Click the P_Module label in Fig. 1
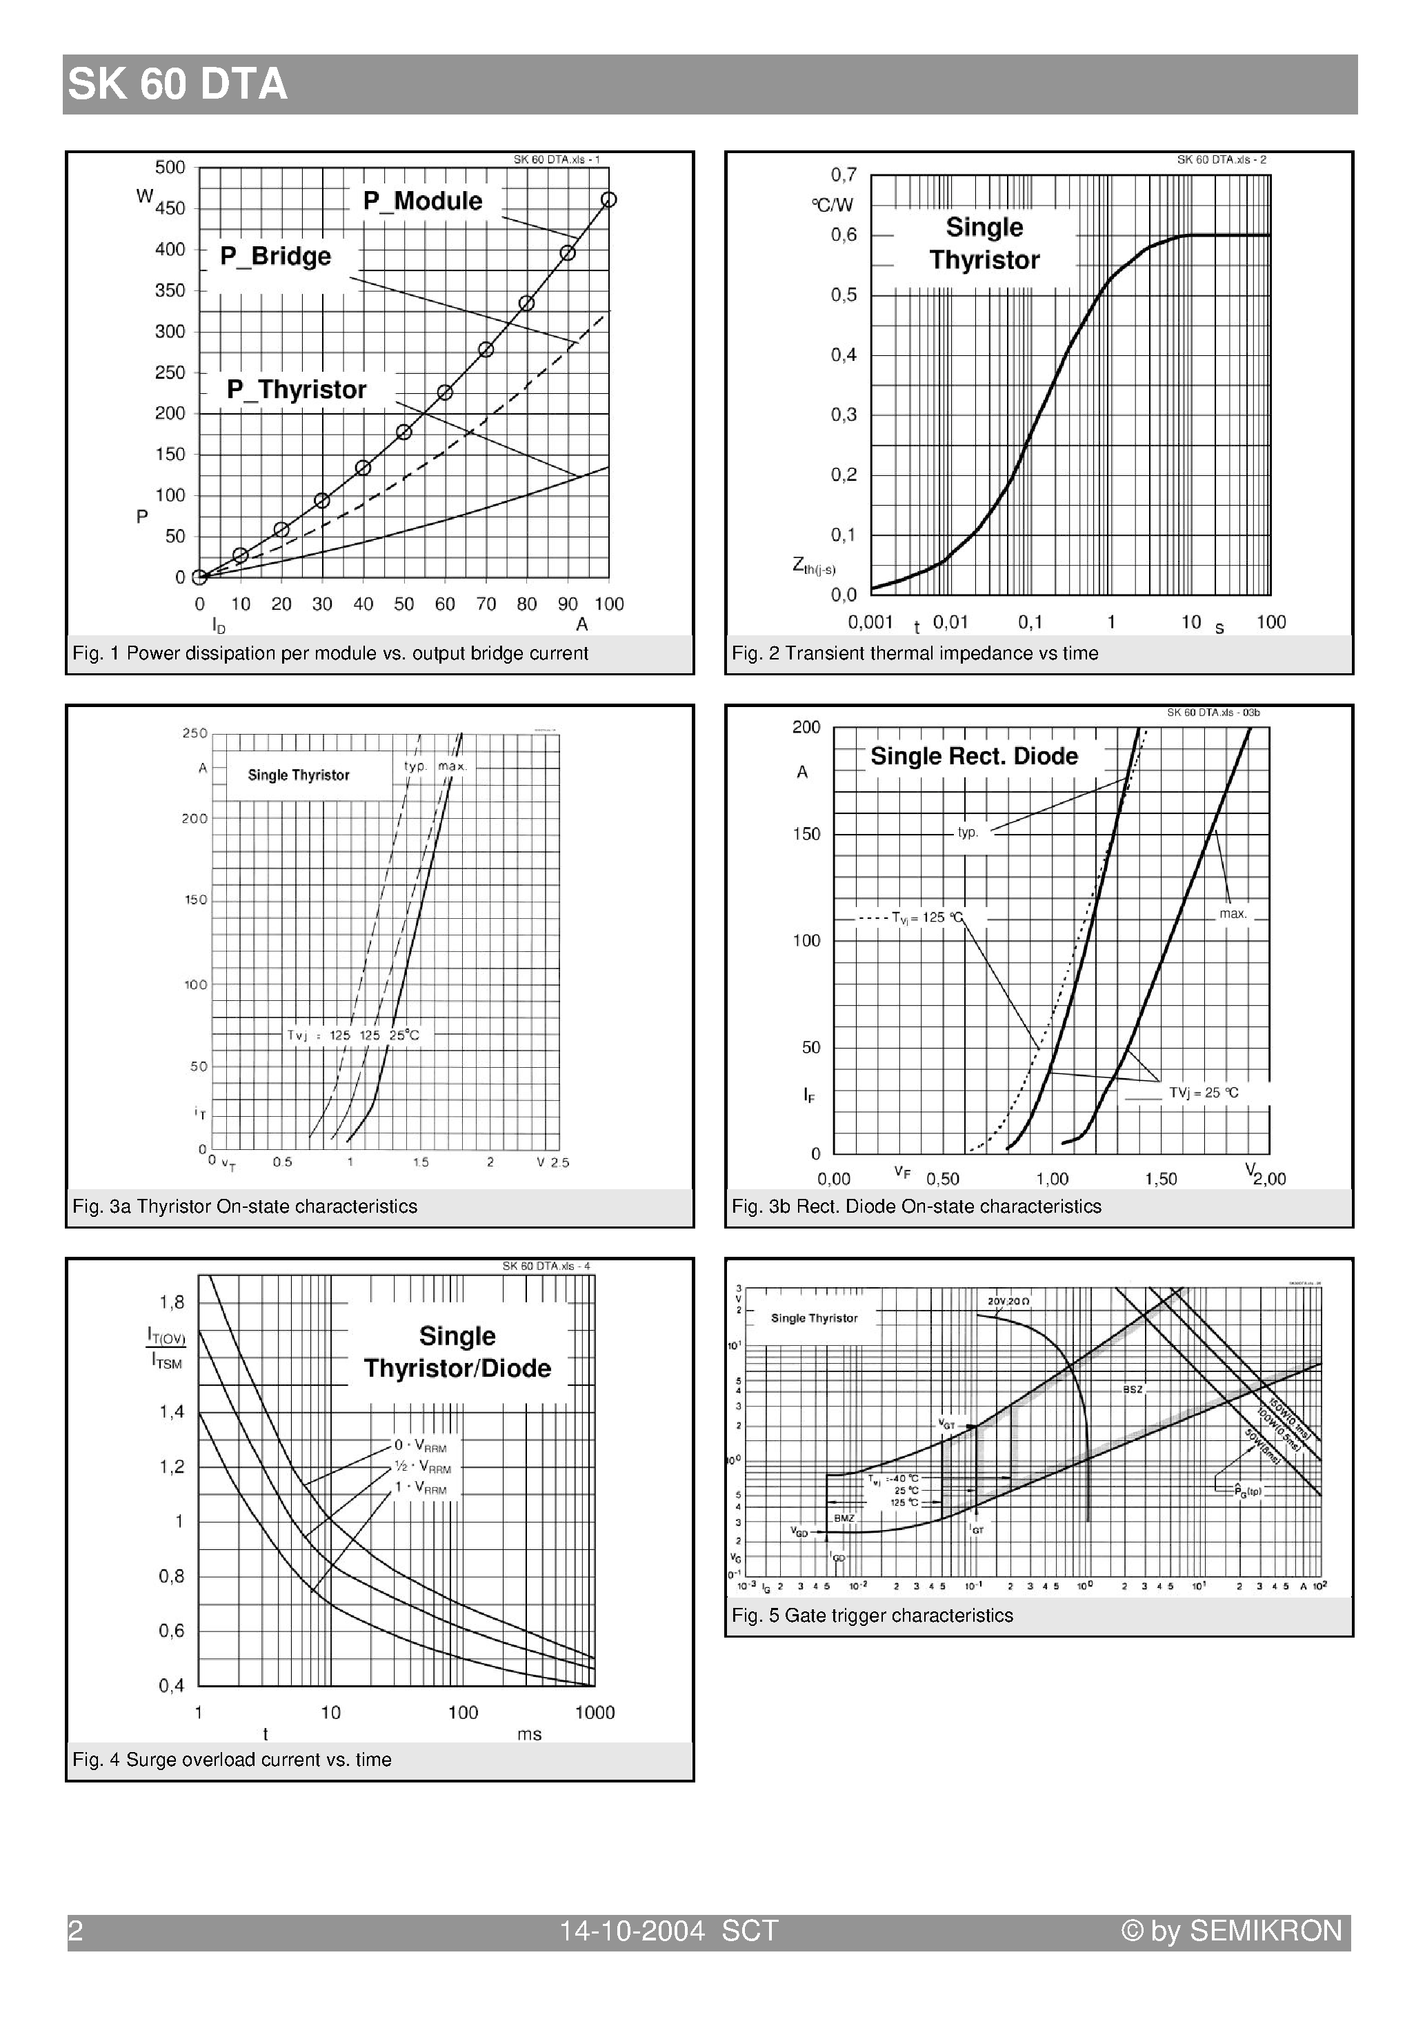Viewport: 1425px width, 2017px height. tap(423, 201)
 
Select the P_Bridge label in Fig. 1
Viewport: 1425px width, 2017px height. tap(275, 257)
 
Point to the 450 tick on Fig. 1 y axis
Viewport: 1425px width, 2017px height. tap(170, 208)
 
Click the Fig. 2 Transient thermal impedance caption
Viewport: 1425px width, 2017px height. tap(915, 653)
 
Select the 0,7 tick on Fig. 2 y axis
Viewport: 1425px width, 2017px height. tap(844, 175)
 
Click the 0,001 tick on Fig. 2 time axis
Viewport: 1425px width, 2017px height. tap(870, 622)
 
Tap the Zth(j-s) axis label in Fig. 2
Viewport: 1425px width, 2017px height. tap(813, 566)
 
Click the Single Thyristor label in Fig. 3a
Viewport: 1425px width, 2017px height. tap(298, 775)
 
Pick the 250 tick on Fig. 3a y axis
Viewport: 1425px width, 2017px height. tap(194, 733)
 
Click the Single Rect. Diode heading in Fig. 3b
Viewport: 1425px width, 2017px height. tap(973, 756)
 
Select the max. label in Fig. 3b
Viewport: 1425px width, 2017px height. tap(1233, 913)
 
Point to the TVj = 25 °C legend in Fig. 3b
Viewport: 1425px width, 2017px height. tap(1203, 1093)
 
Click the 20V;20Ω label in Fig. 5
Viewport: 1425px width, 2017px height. tap(1008, 1300)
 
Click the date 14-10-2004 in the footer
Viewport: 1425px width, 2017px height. tap(632, 1931)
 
